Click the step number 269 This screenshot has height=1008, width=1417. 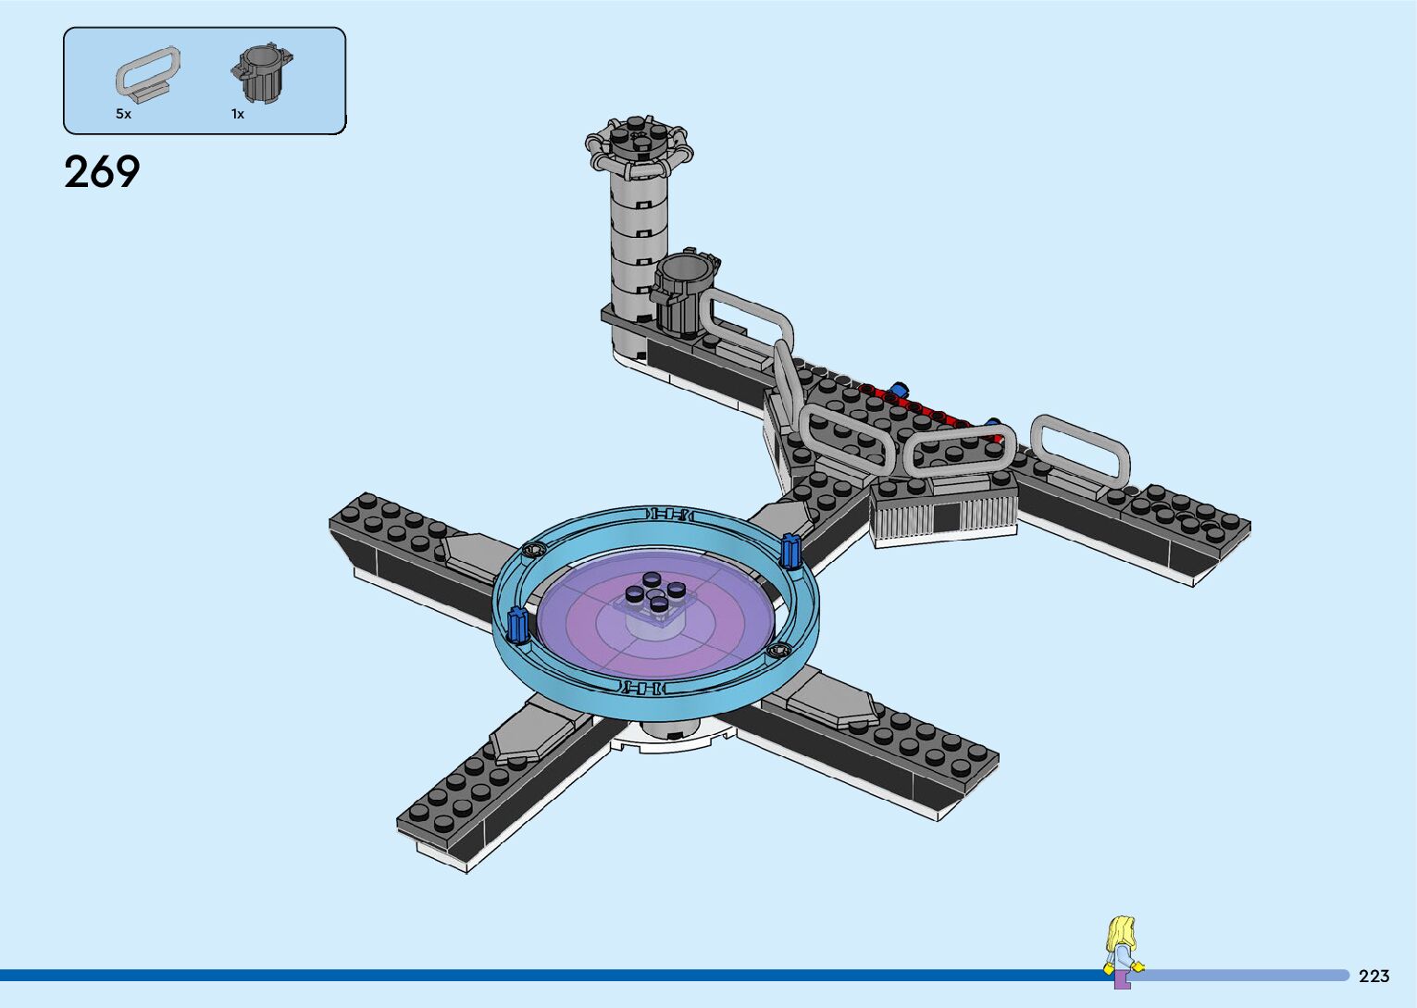click(102, 171)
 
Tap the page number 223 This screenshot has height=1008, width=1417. click(1374, 976)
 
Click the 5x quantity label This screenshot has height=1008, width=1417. click(123, 114)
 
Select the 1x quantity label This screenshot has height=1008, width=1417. click(238, 114)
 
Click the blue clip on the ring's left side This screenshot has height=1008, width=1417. click(518, 625)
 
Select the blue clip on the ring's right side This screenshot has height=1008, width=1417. click(790, 551)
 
